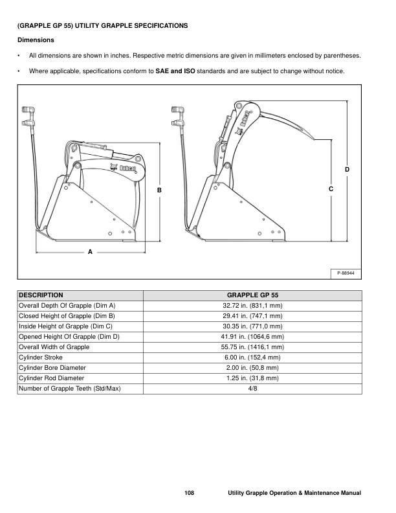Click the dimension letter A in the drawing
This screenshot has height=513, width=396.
tap(90, 250)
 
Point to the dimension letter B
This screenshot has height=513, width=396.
tap(159, 190)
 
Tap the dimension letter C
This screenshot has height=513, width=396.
tap(331, 188)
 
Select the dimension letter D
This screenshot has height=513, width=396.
tap(347, 169)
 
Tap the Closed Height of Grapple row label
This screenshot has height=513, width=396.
tap(67, 315)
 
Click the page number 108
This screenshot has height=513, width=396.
tap(189, 494)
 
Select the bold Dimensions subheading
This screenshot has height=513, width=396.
tap(36, 40)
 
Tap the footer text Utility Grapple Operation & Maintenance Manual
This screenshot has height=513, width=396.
tap(294, 494)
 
